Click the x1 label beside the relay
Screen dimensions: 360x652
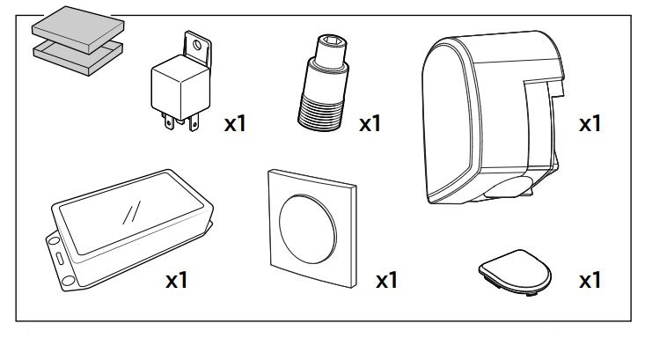(x=235, y=123)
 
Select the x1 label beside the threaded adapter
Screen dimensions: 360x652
(x=370, y=123)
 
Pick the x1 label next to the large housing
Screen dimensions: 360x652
(x=589, y=123)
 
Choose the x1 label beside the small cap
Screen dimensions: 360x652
(x=589, y=281)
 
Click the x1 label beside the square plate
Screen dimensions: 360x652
(x=387, y=281)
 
